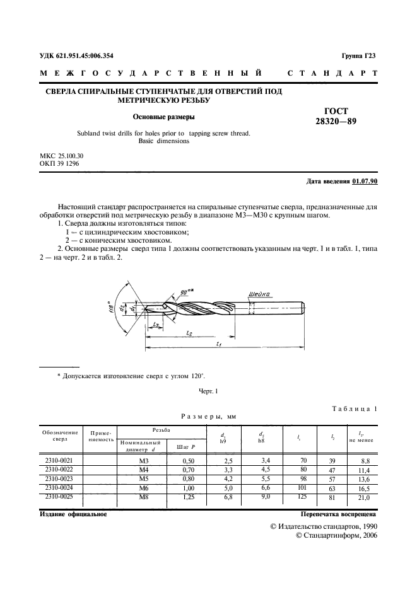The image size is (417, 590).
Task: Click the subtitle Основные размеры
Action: click(163, 117)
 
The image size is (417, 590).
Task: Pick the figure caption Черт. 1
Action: click(208, 391)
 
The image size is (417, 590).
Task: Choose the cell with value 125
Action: click(303, 497)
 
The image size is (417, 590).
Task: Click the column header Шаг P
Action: click(185, 446)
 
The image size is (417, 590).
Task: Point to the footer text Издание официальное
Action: click(74, 514)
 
